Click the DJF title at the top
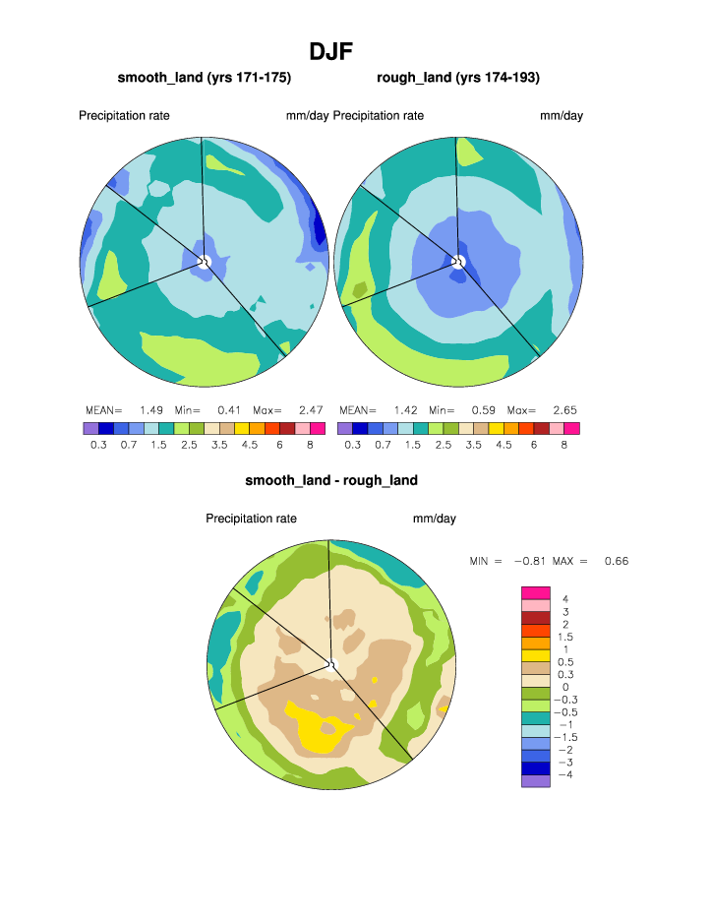(x=330, y=51)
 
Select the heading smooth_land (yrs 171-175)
(x=205, y=78)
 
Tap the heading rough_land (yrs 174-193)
(x=458, y=78)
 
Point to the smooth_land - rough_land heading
(x=331, y=480)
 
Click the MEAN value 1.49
(x=151, y=410)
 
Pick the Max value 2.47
(x=310, y=410)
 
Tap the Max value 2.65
(x=564, y=410)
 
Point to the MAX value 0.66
(x=616, y=561)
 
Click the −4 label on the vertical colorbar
(x=565, y=775)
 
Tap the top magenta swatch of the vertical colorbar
(x=535, y=591)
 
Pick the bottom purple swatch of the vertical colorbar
(x=535, y=781)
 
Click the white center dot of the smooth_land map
(x=206, y=261)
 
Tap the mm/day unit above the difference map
(x=434, y=519)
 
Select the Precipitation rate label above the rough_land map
(x=379, y=116)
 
